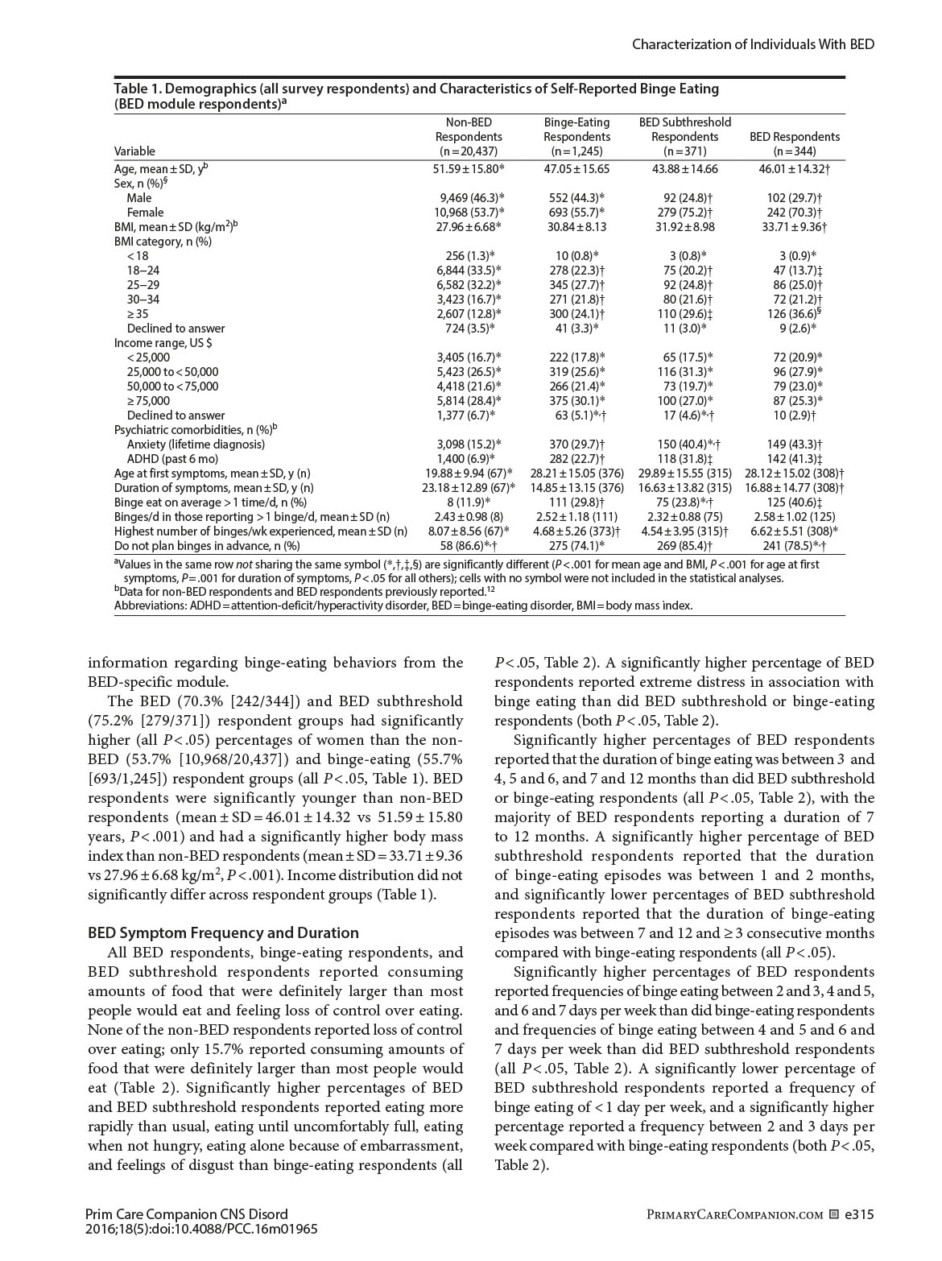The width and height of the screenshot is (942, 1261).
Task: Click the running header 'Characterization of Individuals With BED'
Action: (x=753, y=44)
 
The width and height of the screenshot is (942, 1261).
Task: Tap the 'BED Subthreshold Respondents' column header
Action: (x=684, y=137)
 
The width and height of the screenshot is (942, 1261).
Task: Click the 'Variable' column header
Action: (x=134, y=151)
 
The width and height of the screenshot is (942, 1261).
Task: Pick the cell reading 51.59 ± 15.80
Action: (x=468, y=169)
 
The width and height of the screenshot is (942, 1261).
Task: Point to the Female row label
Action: (x=145, y=213)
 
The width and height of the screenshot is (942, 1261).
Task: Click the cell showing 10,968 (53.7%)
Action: (x=468, y=213)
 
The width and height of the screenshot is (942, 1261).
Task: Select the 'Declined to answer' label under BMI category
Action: (x=176, y=329)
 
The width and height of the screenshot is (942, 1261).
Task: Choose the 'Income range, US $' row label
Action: (x=163, y=343)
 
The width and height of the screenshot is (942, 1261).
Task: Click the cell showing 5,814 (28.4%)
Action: (x=468, y=401)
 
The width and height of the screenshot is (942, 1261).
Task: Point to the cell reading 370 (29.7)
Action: (x=576, y=444)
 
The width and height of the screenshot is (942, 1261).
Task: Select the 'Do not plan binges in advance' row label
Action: (x=201, y=546)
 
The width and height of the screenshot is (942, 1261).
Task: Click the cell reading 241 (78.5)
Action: (x=794, y=546)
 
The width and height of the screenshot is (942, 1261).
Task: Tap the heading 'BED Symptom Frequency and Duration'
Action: (x=223, y=933)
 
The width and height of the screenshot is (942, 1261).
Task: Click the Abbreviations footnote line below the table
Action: (x=403, y=606)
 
